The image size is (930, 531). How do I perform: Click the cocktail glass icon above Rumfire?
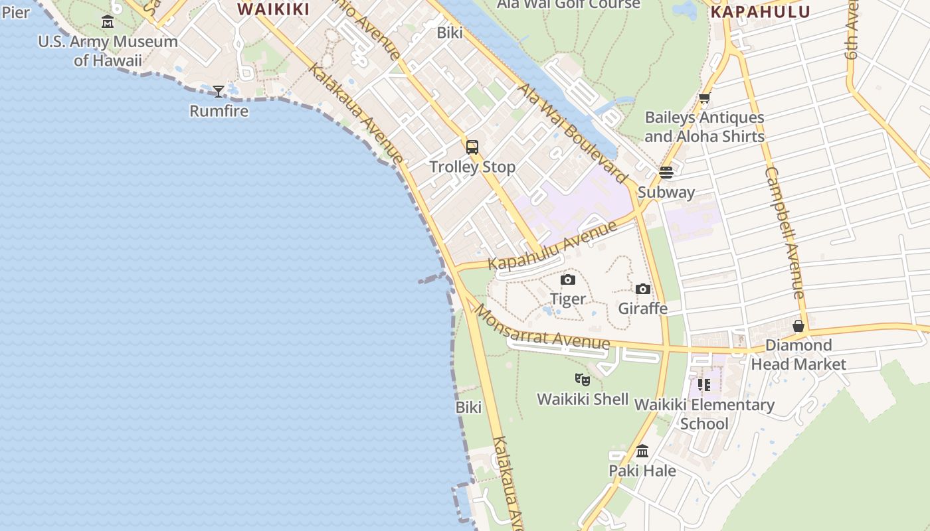coord(219,91)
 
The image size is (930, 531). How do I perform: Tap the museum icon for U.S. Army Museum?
coord(108,22)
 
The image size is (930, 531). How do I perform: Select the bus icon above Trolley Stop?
coord(472,147)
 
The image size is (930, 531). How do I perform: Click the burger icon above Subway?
coord(666,173)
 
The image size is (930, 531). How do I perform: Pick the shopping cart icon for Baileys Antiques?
coord(704,98)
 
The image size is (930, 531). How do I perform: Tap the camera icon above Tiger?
coord(568,279)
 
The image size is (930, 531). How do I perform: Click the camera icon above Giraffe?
coord(642,289)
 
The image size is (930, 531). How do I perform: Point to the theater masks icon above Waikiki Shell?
coord(583,380)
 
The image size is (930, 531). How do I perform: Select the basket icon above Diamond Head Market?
coord(798,326)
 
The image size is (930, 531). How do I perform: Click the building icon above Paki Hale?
coord(642,451)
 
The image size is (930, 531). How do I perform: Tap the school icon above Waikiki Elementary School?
coord(704,385)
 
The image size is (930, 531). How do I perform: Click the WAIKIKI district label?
coord(273,9)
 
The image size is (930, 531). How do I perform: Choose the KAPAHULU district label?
coord(760,12)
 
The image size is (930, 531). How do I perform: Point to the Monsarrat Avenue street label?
coord(541,328)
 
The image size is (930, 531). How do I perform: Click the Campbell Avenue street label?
coord(785,232)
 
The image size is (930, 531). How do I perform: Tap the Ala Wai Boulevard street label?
coord(572,133)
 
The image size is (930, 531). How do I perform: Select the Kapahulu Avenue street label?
coord(553,246)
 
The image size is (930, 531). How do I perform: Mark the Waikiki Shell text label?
coord(583,399)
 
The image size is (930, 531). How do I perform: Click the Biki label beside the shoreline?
coord(468,407)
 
